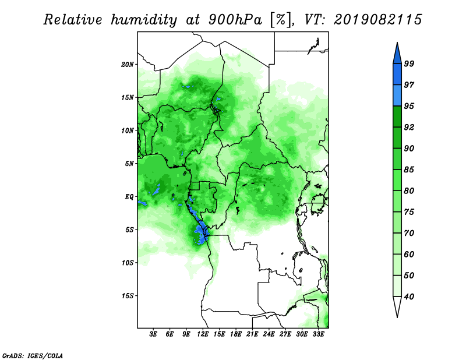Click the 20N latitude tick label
click(127, 65)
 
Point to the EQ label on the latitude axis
click(129, 197)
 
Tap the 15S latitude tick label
click(127, 296)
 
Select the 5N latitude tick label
click(129, 164)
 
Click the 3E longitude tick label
click(153, 334)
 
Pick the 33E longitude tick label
click(318, 334)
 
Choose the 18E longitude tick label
click(236, 334)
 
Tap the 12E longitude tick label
click(203, 334)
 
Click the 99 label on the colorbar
click(409, 63)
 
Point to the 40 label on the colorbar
click(409, 297)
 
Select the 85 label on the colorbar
click(409, 170)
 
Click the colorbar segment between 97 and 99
click(397, 75)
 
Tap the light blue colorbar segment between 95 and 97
click(397, 96)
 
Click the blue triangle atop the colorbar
click(397, 54)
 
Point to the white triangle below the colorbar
click(397, 306)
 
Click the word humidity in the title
click(143, 20)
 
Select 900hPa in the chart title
click(235, 20)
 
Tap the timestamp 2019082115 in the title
click(377, 20)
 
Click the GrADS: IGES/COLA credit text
click(33, 355)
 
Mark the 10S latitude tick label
click(127, 263)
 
